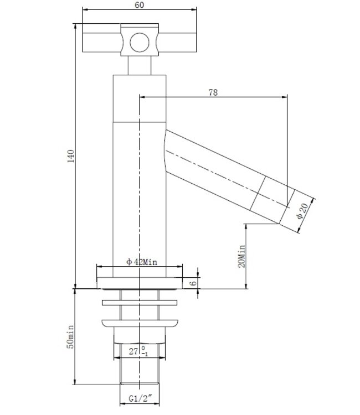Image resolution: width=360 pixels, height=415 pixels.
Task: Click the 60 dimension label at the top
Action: tap(140, 5)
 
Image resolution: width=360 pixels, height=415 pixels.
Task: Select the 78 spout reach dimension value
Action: tap(212, 92)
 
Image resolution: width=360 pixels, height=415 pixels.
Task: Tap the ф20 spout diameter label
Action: tap(302, 212)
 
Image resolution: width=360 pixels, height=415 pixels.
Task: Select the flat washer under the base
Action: tap(140, 303)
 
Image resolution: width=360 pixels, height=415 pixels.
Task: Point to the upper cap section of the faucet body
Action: tap(140, 97)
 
